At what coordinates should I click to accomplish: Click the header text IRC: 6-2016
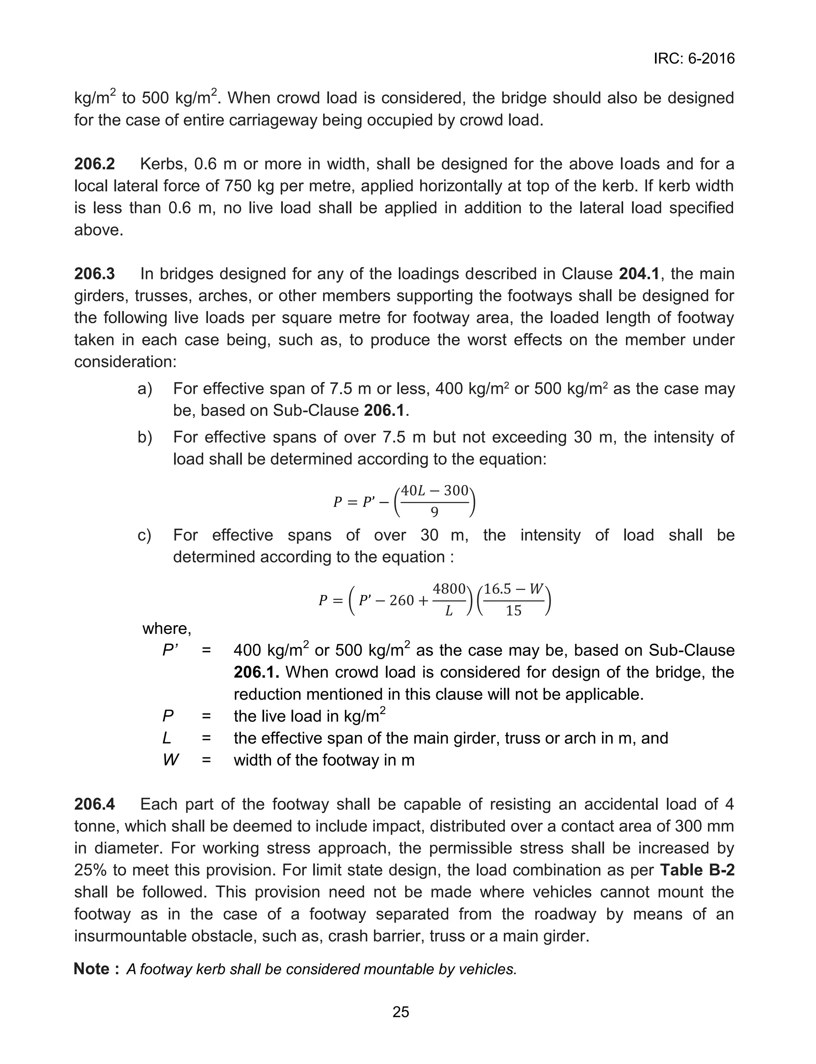(694, 59)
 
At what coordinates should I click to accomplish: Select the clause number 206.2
(95, 164)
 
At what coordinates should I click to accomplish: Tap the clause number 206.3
(95, 274)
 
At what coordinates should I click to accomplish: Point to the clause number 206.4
(95, 804)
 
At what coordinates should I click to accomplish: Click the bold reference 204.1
(639, 274)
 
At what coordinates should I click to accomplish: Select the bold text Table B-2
(697, 870)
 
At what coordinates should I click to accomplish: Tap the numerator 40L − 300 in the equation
(434, 491)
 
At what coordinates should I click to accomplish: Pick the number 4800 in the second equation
(449, 589)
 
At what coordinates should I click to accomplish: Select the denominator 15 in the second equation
(514, 610)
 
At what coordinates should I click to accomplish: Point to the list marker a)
(145, 389)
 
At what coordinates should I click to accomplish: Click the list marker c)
(144, 535)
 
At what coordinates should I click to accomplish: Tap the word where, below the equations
(167, 629)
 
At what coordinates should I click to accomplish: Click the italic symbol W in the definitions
(171, 760)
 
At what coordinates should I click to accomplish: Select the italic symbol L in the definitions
(167, 738)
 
